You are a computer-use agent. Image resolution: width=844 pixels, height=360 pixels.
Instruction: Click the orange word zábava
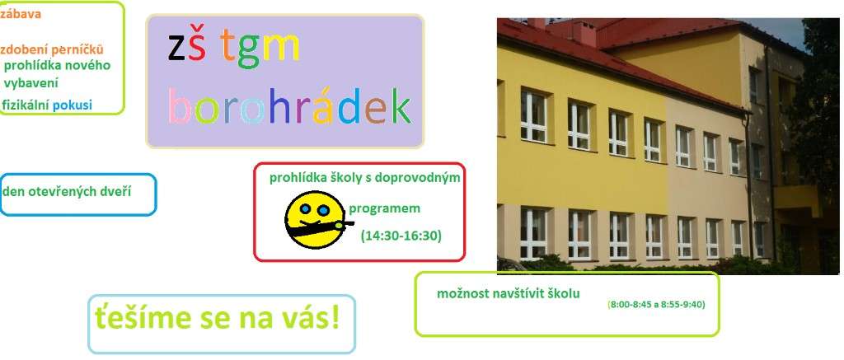click(x=21, y=14)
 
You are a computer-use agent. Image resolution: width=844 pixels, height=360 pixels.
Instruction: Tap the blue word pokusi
click(x=73, y=105)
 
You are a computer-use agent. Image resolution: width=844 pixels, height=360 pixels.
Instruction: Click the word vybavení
click(x=30, y=83)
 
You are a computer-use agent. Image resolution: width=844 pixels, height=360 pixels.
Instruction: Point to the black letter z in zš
click(x=176, y=47)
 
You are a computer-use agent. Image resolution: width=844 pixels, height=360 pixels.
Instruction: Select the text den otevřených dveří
click(x=67, y=192)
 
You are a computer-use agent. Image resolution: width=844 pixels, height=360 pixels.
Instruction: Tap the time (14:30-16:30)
click(x=401, y=236)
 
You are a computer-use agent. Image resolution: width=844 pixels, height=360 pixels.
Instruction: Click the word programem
click(x=384, y=208)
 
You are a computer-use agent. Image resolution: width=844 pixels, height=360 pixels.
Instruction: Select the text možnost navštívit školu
click(x=508, y=294)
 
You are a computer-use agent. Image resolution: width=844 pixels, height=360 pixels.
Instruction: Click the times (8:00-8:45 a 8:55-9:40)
click(x=656, y=305)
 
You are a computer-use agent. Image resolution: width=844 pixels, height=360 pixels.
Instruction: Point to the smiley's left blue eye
click(x=305, y=208)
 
